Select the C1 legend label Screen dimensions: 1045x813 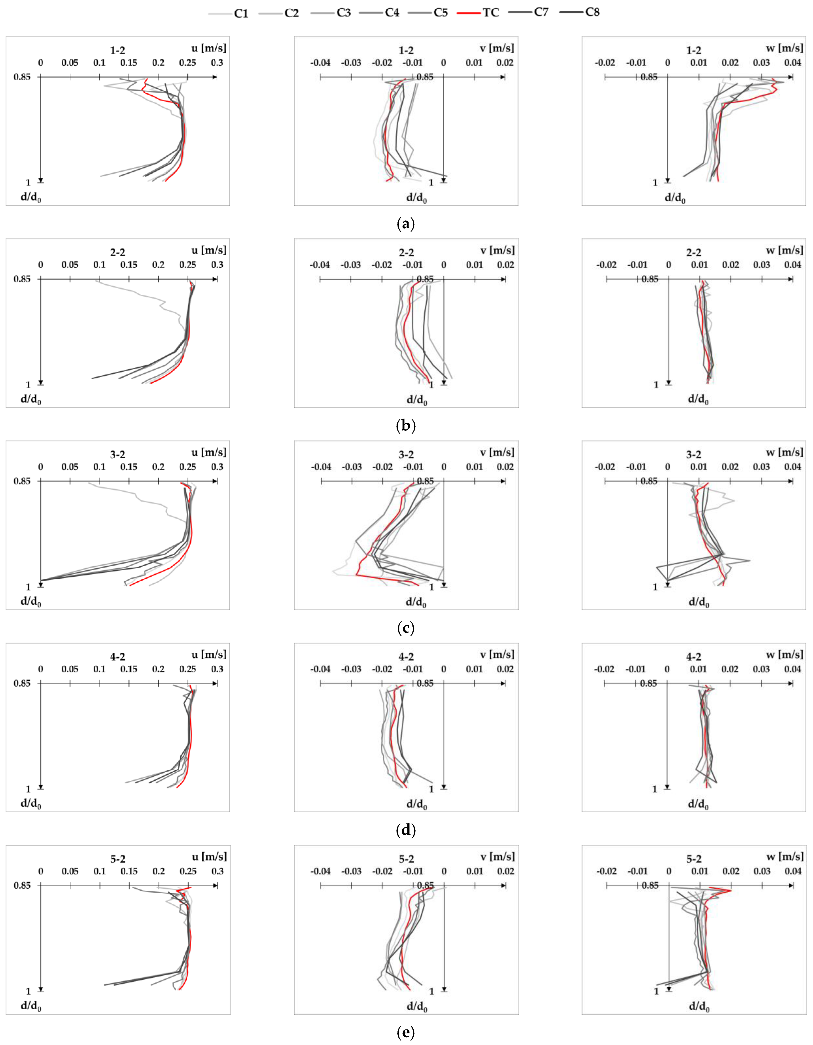click(241, 14)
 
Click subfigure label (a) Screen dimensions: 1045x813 click(406, 224)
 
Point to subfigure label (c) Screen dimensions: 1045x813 click(406, 628)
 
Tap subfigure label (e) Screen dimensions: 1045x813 click(406, 1032)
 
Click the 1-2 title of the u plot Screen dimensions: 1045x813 click(118, 50)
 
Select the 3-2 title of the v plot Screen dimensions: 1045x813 click(406, 455)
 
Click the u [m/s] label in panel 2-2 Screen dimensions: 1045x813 click(209, 250)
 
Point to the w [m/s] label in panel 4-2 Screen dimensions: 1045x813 click(784, 655)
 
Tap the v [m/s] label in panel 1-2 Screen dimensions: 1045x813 click(497, 48)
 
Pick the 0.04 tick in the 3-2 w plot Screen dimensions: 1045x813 click(793, 467)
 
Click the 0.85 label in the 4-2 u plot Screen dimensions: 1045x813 click(22, 683)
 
